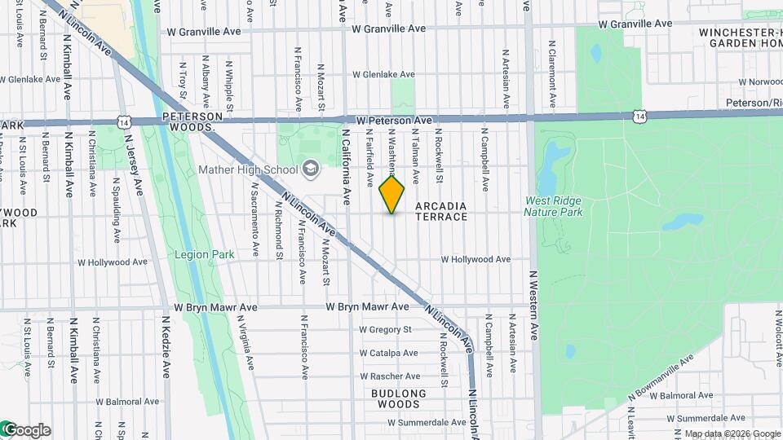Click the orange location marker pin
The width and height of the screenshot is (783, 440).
(392, 194)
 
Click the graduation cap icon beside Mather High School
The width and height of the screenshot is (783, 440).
(310, 169)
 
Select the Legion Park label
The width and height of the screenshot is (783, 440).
(205, 254)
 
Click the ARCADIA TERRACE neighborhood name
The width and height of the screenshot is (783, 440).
(441, 211)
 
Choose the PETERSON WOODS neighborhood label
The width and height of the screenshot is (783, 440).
(192, 122)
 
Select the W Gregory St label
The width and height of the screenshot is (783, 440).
(386, 330)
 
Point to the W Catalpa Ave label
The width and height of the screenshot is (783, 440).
(388, 353)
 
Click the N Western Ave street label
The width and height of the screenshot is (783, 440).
(535, 305)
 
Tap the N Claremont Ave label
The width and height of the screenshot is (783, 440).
(552, 75)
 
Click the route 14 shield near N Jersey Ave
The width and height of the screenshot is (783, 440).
(123, 121)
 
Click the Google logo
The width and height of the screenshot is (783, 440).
(26, 429)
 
